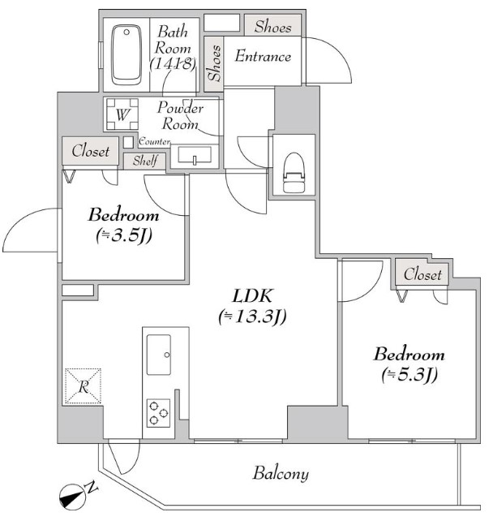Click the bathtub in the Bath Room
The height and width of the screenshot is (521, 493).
[126, 55]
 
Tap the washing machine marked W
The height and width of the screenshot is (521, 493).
[122, 114]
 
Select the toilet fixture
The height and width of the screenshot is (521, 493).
[294, 172]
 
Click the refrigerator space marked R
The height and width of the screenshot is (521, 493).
[83, 386]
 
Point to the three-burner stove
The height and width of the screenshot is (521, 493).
[158, 413]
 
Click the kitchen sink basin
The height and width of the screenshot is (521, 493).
[159, 355]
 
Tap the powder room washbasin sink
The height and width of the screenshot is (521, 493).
[195, 155]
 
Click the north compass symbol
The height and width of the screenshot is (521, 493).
[72, 497]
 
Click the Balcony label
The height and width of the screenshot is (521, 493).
[281, 473]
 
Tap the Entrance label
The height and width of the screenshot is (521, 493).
[263, 56]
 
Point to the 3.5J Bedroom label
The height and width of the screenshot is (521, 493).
[123, 225]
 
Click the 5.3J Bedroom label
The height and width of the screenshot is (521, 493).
[409, 364]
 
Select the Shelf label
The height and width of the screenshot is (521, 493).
[145, 161]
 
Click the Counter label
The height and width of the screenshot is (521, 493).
[154, 141]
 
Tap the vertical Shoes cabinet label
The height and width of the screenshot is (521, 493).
[214, 63]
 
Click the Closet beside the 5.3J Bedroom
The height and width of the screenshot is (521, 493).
[422, 274]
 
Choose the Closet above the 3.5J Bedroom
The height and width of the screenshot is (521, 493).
[90, 151]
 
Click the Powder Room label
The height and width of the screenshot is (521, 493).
[180, 115]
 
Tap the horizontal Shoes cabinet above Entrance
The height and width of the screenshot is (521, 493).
[273, 27]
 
